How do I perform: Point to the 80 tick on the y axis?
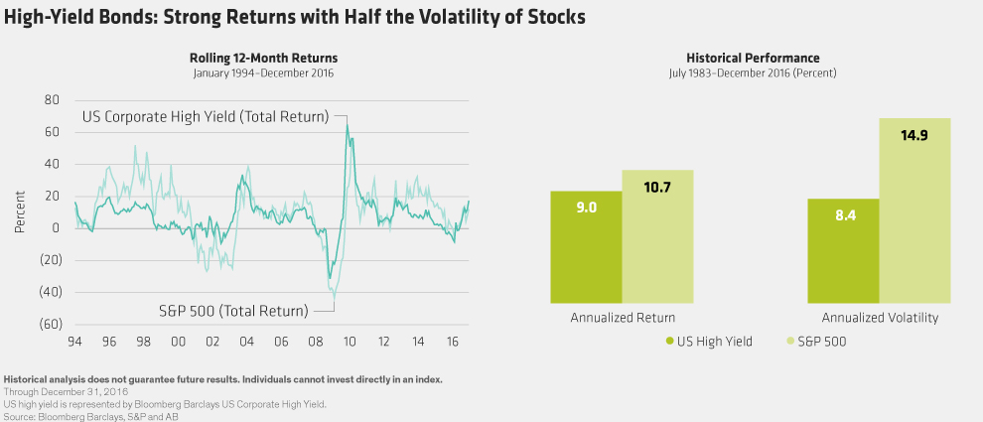(53, 100)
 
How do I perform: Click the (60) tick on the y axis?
(50, 324)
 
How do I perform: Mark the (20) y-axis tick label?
(50, 260)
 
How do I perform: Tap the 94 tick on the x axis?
(74, 342)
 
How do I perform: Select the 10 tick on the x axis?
(350, 342)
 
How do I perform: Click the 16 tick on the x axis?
(452, 342)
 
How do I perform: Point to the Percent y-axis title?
(21, 211)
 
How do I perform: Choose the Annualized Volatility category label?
(880, 318)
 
